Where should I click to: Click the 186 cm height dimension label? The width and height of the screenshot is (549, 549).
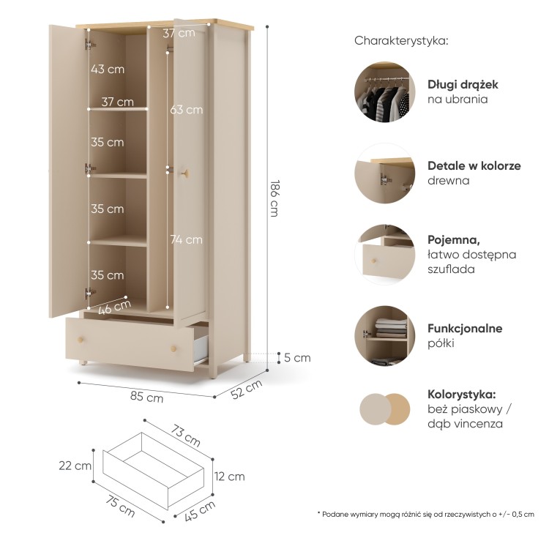tap(275, 198)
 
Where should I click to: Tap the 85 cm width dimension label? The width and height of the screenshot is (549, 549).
tap(146, 397)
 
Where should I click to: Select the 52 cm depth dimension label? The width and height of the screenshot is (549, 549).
tap(247, 389)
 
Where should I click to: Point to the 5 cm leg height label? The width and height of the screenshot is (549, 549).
tap(297, 357)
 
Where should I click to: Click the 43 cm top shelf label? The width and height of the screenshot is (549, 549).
tap(108, 69)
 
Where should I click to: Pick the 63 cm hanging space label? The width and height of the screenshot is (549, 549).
tap(186, 110)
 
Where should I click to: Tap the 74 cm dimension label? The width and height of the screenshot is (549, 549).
tap(186, 239)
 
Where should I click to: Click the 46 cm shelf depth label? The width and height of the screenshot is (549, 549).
tap(114, 307)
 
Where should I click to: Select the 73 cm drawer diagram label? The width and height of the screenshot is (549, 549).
tap(186, 436)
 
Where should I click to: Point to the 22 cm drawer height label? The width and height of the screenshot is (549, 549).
tap(75, 466)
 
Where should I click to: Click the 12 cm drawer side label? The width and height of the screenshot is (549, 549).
tap(230, 477)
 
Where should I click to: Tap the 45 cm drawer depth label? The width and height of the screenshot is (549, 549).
tap(200, 511)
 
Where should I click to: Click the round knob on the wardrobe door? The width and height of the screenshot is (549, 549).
tap(186, 173)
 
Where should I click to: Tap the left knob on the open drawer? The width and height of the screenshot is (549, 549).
tap(81, 339)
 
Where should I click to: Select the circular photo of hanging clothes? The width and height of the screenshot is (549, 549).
tap(385, 92)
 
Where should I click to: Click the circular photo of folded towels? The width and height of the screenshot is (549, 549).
tap(385, 335)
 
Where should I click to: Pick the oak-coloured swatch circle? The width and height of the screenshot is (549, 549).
tap(397, 409)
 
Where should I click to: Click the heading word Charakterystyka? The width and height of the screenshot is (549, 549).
tap(401, 40)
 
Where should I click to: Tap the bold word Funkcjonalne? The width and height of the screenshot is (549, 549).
tap(465, 328)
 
